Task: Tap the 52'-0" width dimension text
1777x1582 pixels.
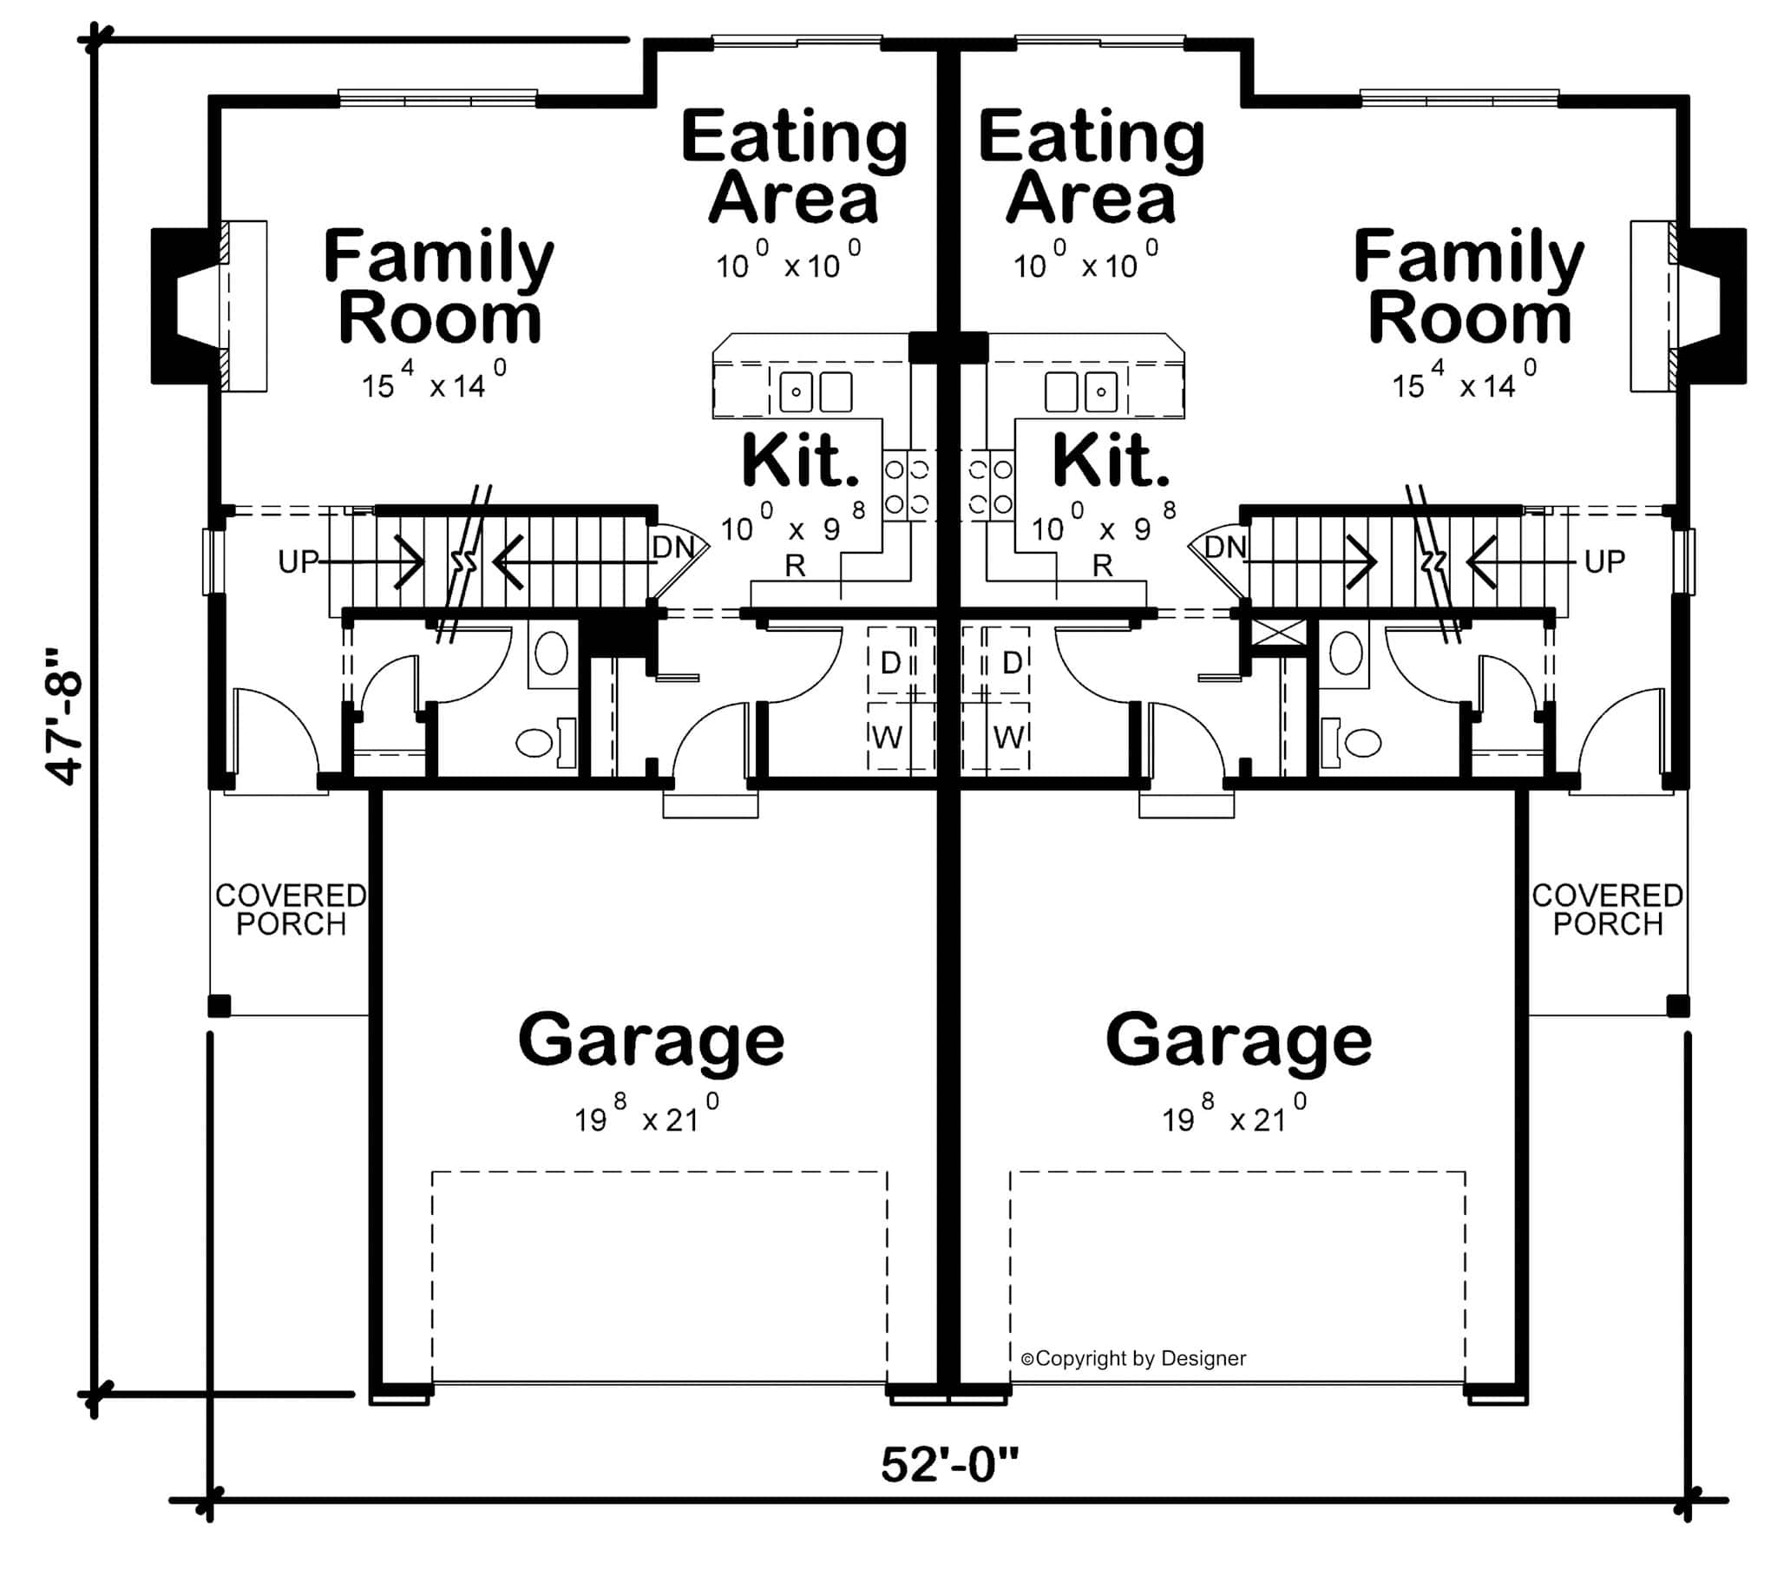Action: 948,1465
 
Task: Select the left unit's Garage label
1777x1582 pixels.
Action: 651,1040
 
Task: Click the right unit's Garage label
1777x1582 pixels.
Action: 1239,1040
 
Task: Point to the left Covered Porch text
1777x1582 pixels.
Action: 291,909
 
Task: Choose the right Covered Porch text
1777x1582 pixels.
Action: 1608,909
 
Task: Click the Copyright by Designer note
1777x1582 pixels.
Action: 1133,1358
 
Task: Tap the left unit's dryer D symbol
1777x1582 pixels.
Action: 890,663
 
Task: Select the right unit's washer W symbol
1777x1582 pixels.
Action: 1007,738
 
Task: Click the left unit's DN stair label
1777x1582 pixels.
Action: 673,547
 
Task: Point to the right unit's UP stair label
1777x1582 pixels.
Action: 1604,561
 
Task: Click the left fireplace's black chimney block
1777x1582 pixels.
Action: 169,305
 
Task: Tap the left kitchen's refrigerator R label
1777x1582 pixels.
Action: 795,566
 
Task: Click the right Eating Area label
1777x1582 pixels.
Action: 1091,167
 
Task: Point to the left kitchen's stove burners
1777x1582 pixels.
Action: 907,486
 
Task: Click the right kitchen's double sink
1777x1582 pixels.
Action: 1079,392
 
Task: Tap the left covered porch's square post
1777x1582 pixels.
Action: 219,1007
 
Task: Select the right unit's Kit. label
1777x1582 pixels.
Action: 1111,461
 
